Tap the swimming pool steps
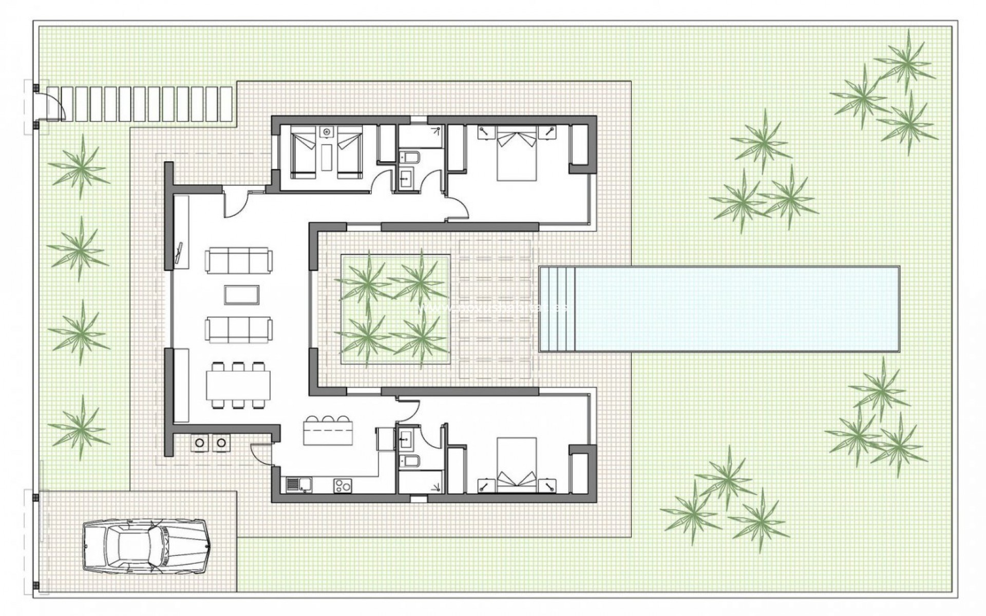click(558, 309)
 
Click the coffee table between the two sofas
click(242, 295)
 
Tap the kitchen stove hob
click(343, 485)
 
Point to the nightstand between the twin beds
click(326, 132)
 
